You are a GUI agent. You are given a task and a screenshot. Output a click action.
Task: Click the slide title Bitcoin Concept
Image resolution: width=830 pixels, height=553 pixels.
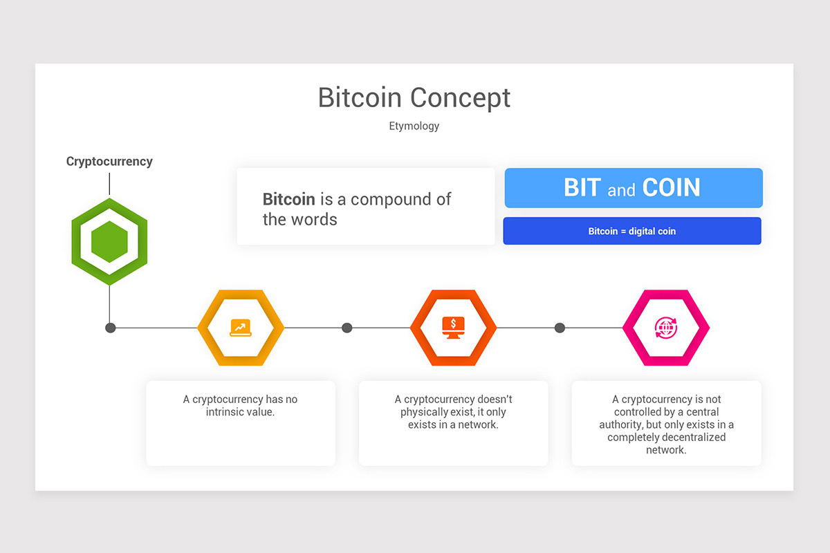click(414, 97)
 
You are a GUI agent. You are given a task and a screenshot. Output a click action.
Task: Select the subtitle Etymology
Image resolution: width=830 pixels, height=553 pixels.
click(414, 126)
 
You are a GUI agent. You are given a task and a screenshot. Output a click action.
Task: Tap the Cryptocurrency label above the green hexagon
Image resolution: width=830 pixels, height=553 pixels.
click(109, 161)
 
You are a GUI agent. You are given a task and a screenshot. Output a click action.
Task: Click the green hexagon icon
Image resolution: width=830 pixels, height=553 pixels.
click(109, 242)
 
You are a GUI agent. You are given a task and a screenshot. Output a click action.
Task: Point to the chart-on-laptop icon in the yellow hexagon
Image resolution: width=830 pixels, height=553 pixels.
click(240, 328)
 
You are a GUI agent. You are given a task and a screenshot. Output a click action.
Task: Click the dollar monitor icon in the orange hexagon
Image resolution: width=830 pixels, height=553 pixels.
click(453, 328)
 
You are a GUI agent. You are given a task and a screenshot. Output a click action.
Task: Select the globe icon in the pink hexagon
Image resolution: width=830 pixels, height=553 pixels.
click(665, 328)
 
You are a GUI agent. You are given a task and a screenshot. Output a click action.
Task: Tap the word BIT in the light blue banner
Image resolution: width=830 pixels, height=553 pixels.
click(582, 188)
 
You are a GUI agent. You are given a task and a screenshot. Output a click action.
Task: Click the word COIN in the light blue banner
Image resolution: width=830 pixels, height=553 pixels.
click(671, 188)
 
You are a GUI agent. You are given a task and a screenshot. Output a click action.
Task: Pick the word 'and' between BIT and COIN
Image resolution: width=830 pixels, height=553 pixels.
click(621, 190)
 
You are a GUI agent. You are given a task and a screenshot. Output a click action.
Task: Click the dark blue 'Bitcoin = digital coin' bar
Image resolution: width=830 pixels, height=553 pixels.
click(632, 231)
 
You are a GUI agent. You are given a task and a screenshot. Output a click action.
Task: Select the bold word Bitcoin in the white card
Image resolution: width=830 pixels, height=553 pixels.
click(288, 200)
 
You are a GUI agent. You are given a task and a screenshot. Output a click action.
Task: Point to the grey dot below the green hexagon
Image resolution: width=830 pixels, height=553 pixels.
click(110, 328)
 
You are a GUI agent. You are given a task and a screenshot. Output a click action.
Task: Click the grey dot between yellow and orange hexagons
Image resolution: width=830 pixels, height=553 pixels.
click(347, 328)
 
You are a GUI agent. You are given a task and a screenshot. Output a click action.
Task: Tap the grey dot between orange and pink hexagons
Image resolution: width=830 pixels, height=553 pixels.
click(560, 328)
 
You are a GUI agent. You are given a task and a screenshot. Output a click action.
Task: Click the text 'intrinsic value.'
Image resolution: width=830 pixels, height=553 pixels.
click(240, 412)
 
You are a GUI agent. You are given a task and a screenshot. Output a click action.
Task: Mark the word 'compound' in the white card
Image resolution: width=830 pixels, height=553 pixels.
click(391, 200)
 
